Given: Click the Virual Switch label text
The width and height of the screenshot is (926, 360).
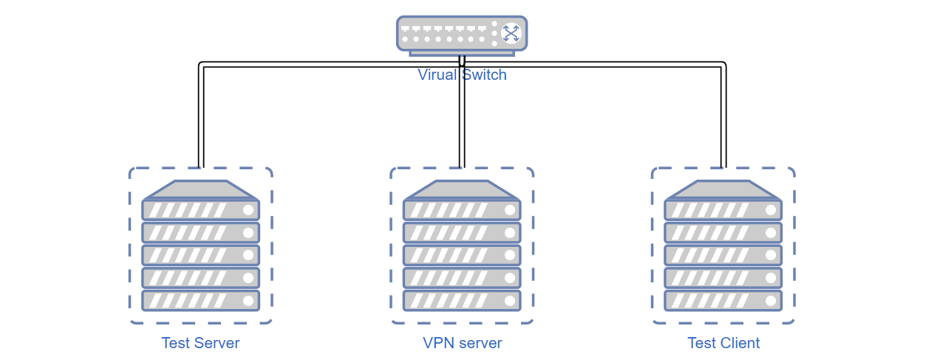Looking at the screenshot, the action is [x=462, y=75].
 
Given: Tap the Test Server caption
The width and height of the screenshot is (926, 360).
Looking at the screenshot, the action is [x=200, y=343].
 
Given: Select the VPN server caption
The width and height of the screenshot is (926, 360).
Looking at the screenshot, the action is [x=462, y=343].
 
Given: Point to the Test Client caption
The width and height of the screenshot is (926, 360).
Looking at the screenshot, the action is [x=724, y=343].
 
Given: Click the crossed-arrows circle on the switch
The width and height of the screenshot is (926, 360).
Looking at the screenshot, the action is [x=511, y=33].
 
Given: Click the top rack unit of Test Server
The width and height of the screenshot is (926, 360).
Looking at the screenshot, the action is [x=200, y=210].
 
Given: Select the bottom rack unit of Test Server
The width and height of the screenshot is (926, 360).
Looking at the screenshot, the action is [x=200, y=300].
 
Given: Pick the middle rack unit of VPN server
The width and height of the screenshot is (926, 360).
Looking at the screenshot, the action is [x=462, y=255].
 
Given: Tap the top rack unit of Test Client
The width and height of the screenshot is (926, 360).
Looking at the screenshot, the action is [x=724, y=210].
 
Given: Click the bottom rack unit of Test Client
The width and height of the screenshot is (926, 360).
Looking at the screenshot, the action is [x=724, y=300].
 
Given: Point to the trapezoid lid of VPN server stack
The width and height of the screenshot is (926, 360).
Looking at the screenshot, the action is [x=462, y=190].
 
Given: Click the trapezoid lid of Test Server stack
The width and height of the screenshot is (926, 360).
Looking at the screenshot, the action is [x=200, y=190].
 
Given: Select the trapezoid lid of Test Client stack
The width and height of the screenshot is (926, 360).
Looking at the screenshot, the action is [x=724, y=190].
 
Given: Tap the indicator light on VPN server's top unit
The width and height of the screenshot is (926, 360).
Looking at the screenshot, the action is [x=510, y=210].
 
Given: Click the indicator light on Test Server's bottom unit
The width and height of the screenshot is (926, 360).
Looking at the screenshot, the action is [x=248, y=300].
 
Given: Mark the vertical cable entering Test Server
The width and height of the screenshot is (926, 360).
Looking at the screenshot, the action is [x=201, y=116].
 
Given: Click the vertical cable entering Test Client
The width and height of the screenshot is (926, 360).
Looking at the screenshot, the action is [x=724, y=116].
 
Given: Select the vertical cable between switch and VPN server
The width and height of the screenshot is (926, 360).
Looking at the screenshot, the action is [x=462, y=112].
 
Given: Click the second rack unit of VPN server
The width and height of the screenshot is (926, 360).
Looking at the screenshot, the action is [x=462, y=233].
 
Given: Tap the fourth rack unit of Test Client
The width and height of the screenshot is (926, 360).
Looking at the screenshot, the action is [x=724, y=278].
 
